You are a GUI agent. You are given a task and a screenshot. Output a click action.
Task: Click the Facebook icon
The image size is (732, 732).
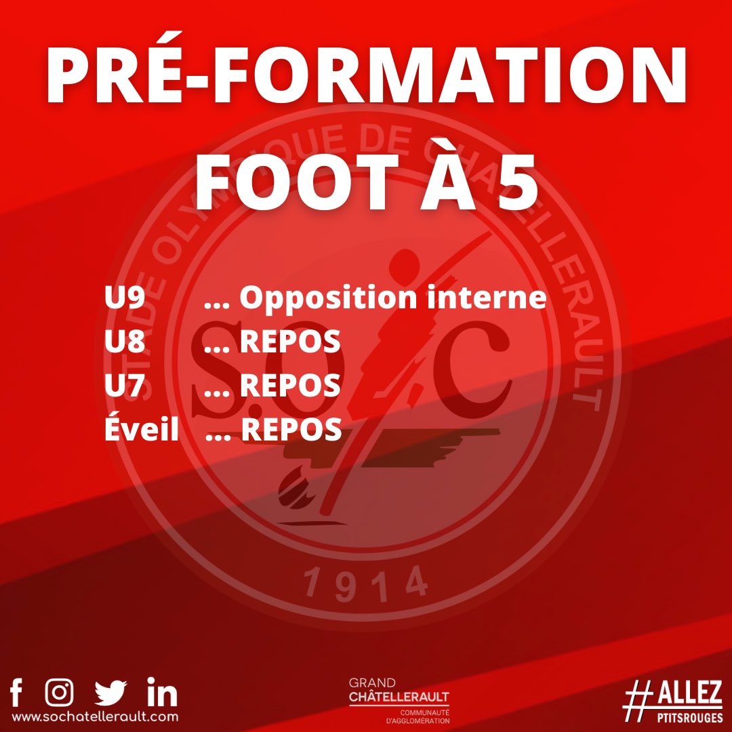pyautogui.click(x=17, y=693)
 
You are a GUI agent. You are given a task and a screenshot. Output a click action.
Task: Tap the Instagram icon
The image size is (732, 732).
pyautogui.click(x=60, y=692)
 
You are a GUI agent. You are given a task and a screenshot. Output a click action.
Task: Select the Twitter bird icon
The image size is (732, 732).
pyautogui.click(x=111, y=693)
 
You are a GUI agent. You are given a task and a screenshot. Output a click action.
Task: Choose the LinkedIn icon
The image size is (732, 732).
pyautogui.click(x=162, y=693)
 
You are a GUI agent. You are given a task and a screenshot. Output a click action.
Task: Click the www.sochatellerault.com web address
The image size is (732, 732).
pyautogui.click(x=96, y=716)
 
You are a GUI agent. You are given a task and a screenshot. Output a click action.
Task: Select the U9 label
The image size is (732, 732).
pyautogui.click(x=125, y=298)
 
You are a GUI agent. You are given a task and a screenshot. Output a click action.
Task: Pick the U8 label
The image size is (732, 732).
pyautogui.click(x=125, y=342)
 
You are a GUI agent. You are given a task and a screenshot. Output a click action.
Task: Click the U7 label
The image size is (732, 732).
pyautogui.click(x=125, y=386)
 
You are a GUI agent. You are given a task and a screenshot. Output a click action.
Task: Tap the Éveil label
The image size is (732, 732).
pyautogui.click(x=142, y=429)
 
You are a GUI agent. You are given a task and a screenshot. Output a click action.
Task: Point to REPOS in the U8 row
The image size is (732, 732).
pyautogui.click(x=290, y=342)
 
